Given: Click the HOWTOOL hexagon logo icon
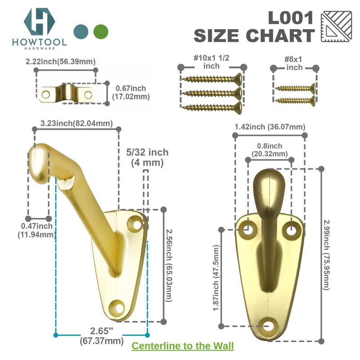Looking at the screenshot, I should pos(39,21).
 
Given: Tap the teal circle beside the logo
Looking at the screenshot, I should pos(81,31).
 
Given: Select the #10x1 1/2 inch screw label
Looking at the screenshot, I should pos(211,62).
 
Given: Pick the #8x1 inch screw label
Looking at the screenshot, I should pos(295,62).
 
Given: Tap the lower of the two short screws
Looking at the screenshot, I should pos(295,100).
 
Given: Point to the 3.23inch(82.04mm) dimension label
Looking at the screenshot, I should pos(76,123).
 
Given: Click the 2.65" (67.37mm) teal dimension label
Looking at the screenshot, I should pos(101,337).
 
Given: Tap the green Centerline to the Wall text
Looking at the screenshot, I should pos(182,346).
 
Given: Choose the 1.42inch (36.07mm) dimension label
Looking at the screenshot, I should pos(270,127).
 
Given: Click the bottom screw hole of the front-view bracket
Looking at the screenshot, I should pos(270,325).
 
